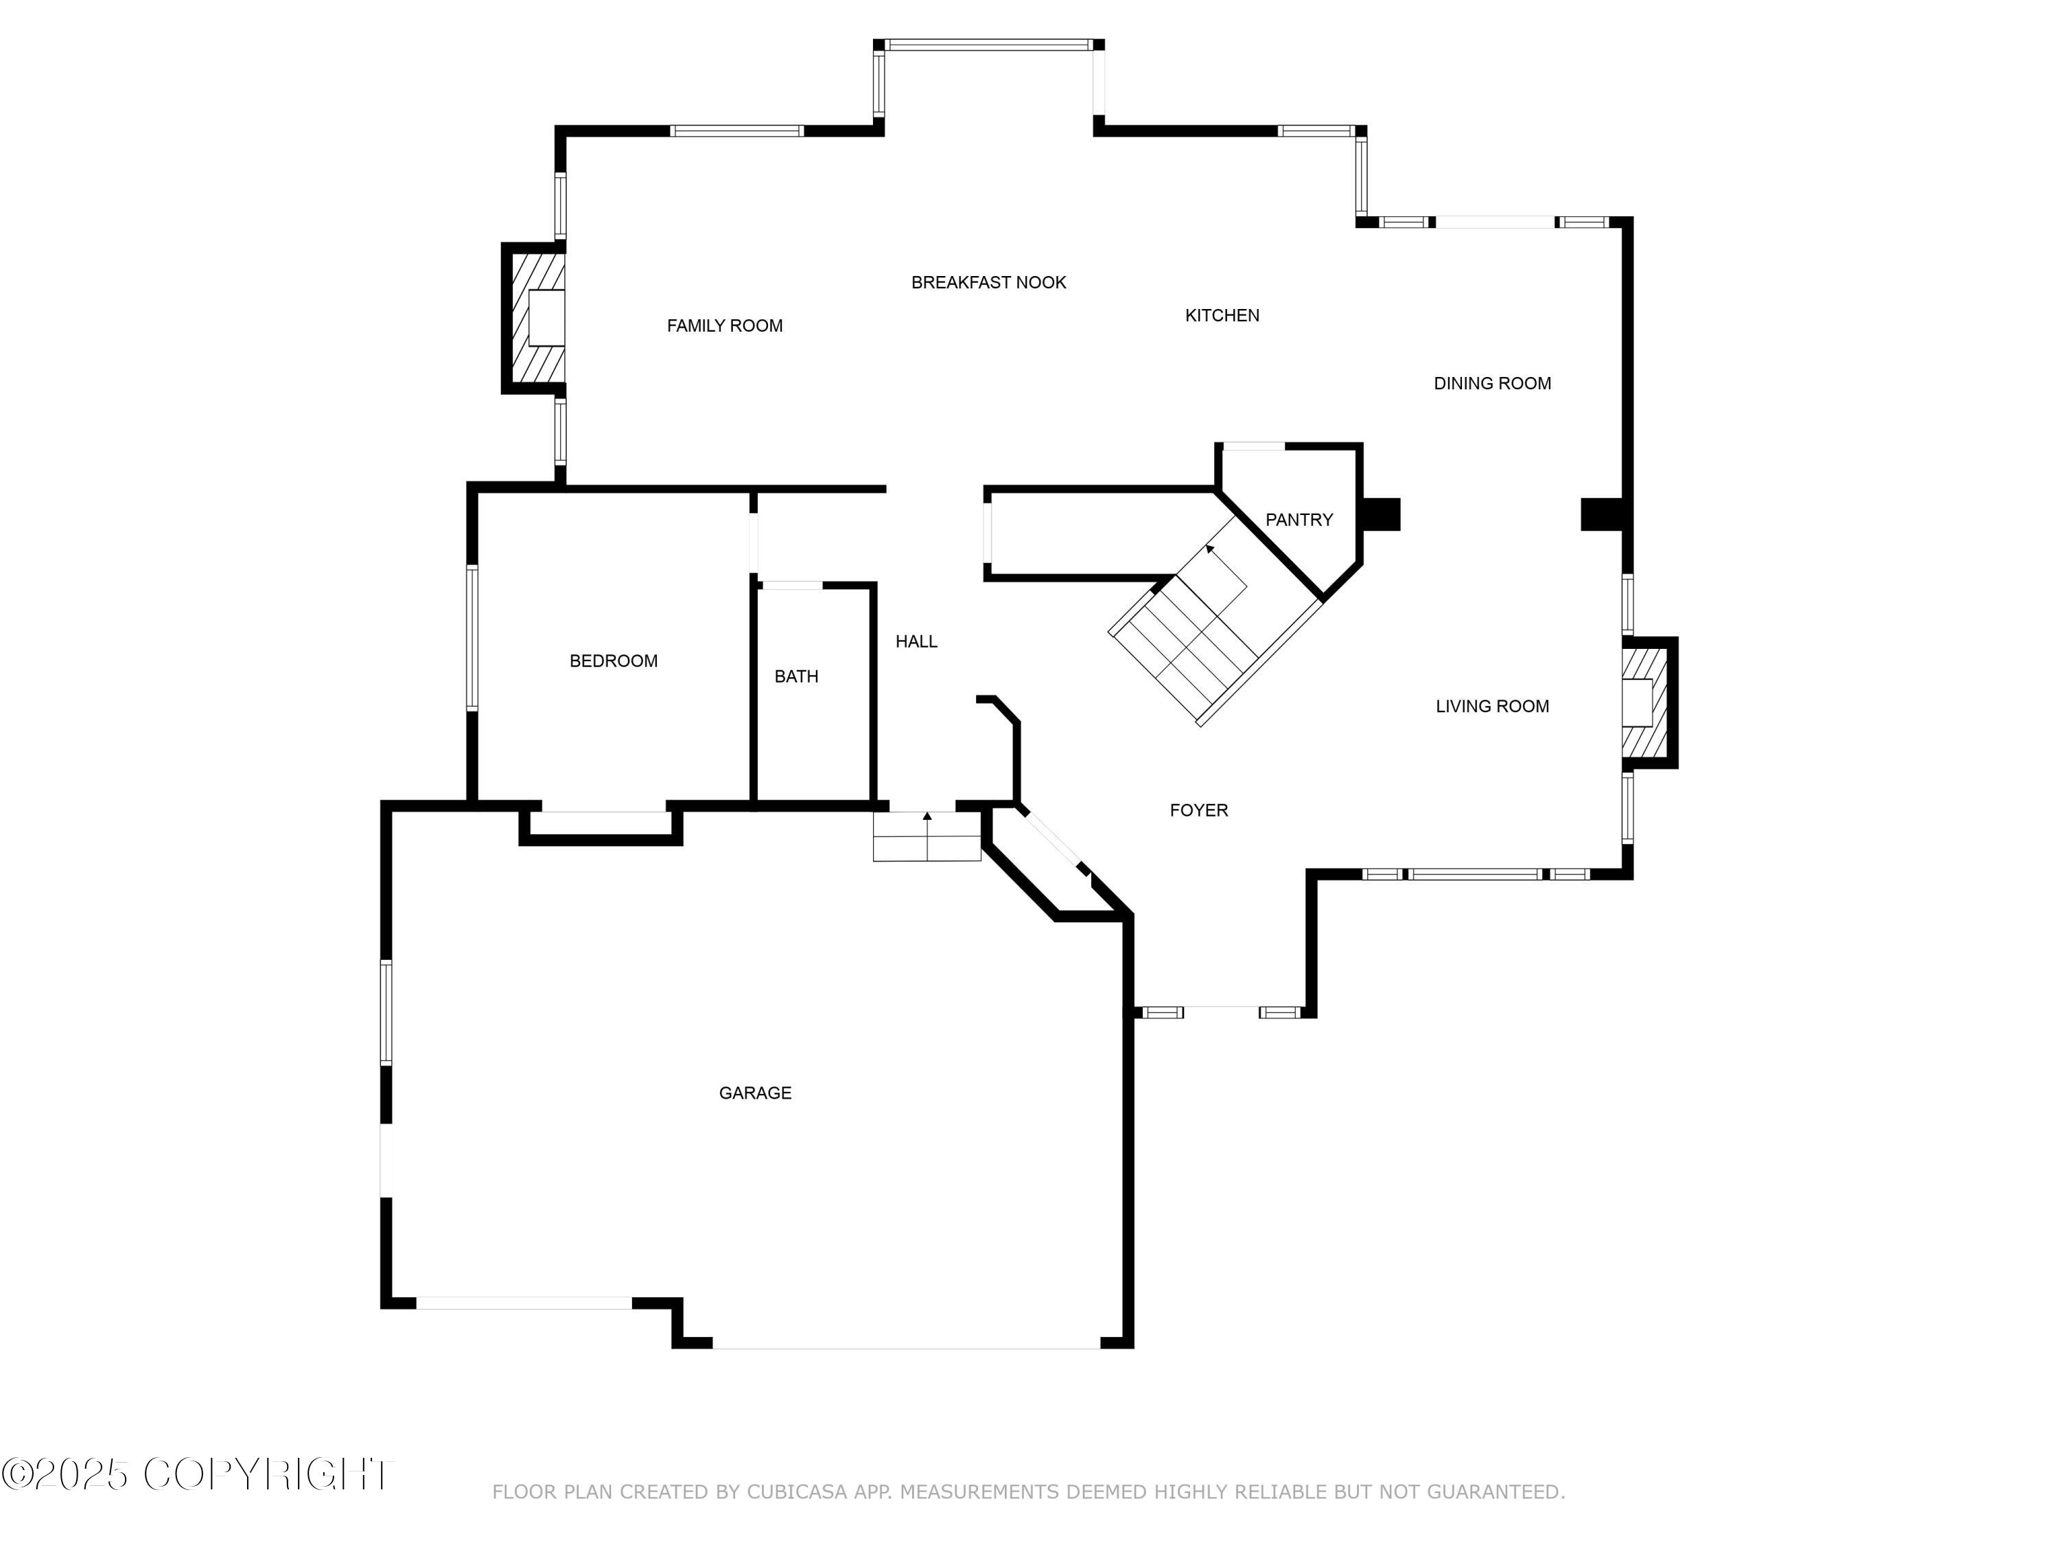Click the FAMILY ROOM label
click(x=724, y=326)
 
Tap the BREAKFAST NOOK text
click(x=988, y=282)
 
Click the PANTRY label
click(x=1299, y=520)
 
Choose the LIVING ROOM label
click(x=1491, y=706)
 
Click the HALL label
click(x=916, y=641)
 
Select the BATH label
click(x=796, y=676)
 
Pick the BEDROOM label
click(x=614, y=661)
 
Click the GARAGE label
click(x=755, y=1092)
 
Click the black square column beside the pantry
click(x=1382, y=515)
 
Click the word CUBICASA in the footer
click(x=797, y=1492)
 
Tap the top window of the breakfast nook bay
click(x=988, y=45)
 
